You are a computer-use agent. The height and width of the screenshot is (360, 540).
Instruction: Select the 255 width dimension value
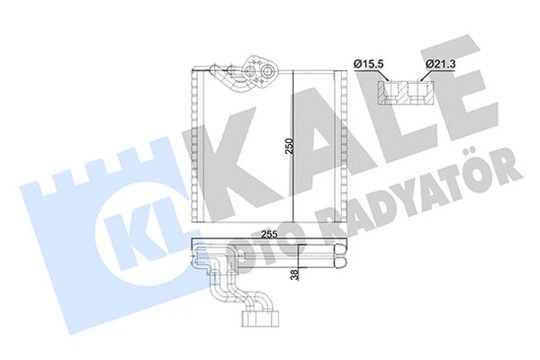(x=269, y=233)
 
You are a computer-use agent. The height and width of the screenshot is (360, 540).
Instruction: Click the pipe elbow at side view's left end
(x=204, y=261)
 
